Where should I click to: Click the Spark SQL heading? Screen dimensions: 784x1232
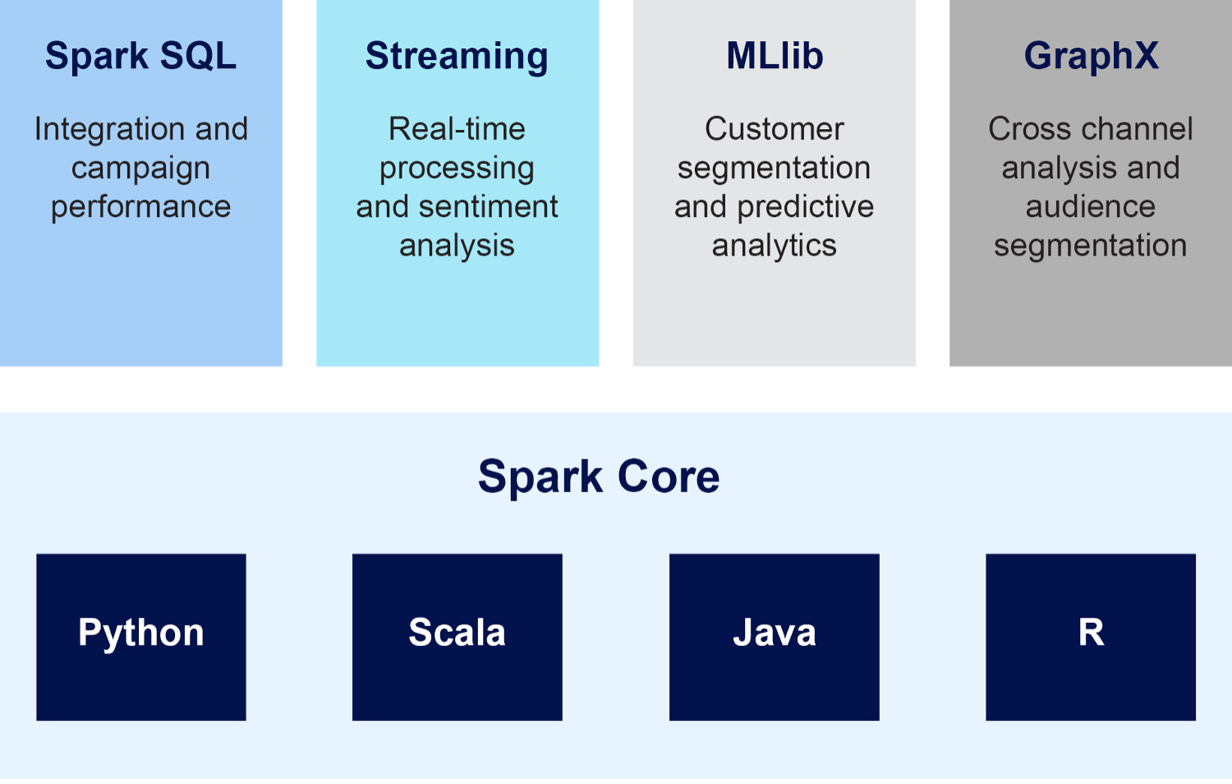140,56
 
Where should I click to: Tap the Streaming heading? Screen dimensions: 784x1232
457,56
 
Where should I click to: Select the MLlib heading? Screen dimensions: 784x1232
775,56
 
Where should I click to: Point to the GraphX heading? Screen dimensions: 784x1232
1091,56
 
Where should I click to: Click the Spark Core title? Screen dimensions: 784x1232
599,477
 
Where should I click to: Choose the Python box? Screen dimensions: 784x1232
141,637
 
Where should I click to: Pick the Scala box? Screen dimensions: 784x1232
457,637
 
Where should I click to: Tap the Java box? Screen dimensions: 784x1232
775,637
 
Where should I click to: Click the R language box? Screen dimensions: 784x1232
1091,637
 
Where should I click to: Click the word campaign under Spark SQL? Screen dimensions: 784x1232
140,169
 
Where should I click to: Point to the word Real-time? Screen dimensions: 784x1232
457,129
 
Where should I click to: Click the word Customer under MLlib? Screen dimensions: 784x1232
775,129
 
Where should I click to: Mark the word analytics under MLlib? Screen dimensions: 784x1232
775,246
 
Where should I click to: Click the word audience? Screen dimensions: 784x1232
1091,206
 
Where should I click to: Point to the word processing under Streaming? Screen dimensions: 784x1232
457,169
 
